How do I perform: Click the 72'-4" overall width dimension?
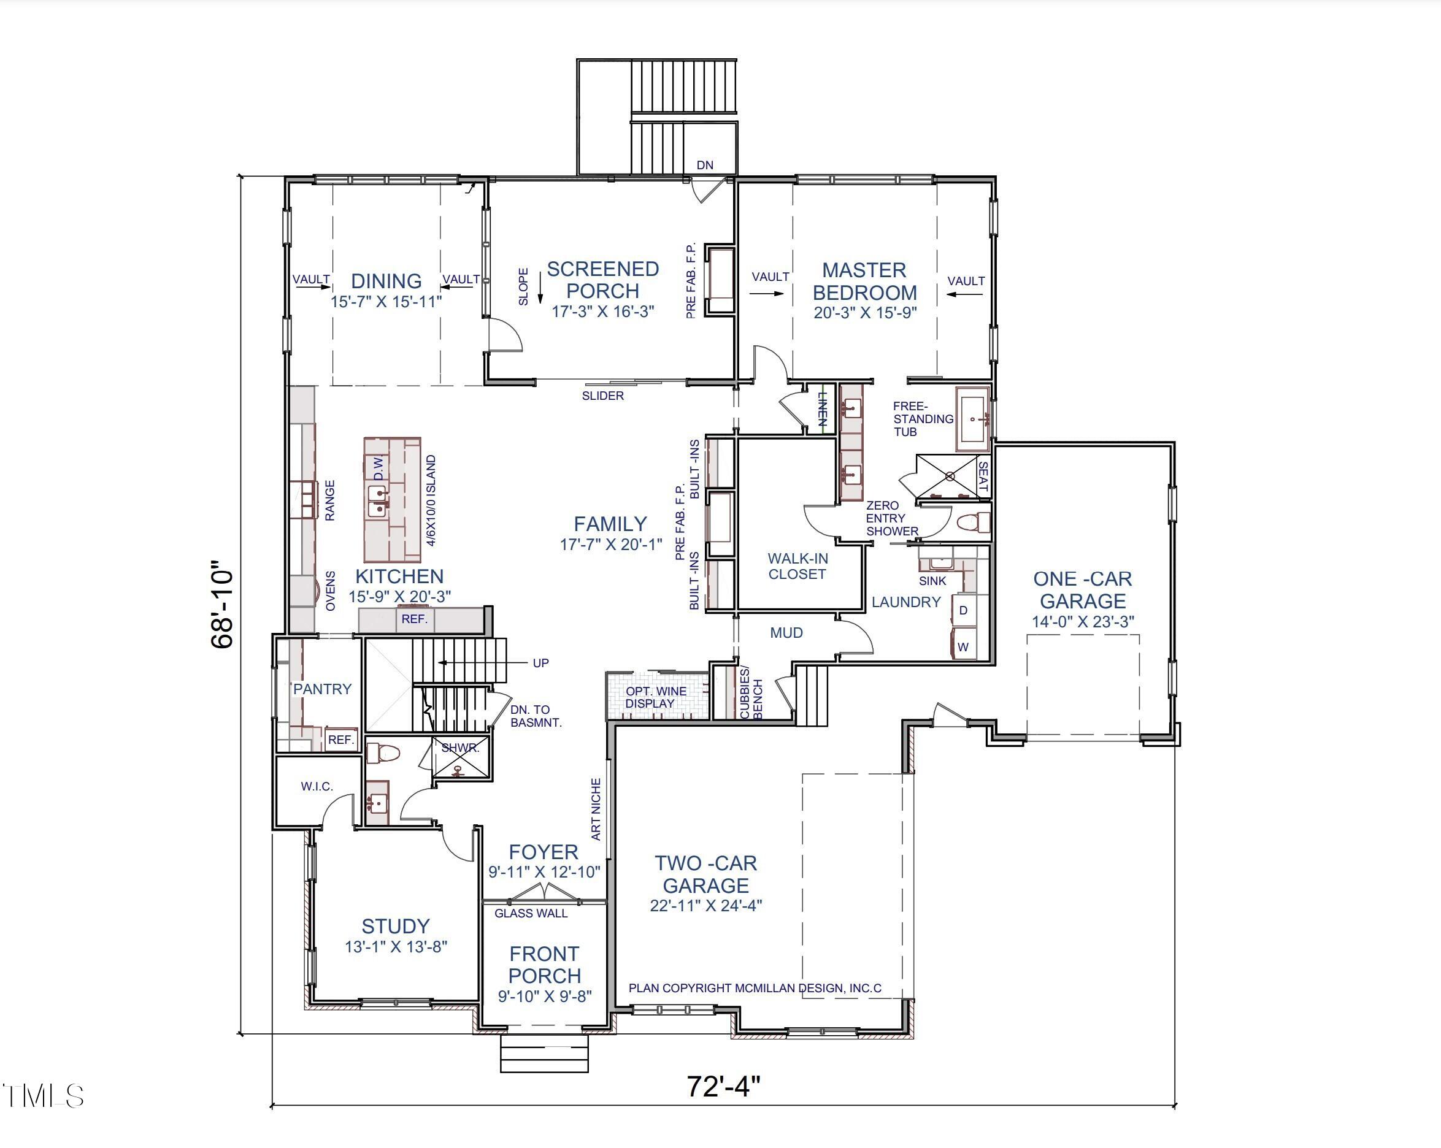point(724,1086)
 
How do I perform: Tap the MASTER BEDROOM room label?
point(865,281)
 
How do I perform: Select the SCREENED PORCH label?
point(603,280)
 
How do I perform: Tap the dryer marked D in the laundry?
point(963,610)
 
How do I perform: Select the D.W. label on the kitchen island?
point(379,468)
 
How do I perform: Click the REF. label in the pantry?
point(341,740)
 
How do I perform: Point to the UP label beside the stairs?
point(540,663)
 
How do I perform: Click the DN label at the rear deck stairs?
point(705,165)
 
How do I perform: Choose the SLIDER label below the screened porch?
point(603,396)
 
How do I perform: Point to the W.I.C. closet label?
point(317,787)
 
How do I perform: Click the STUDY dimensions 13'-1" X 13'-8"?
point(396,946)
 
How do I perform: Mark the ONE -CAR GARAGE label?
point(1083,589)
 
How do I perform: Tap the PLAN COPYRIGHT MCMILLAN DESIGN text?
point(755,987)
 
